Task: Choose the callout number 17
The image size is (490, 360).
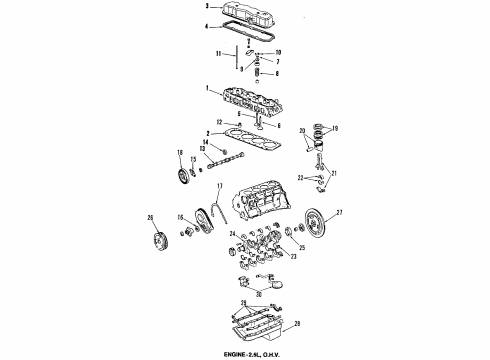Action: click(220, 187)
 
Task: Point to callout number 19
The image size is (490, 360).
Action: click(335, 128)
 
